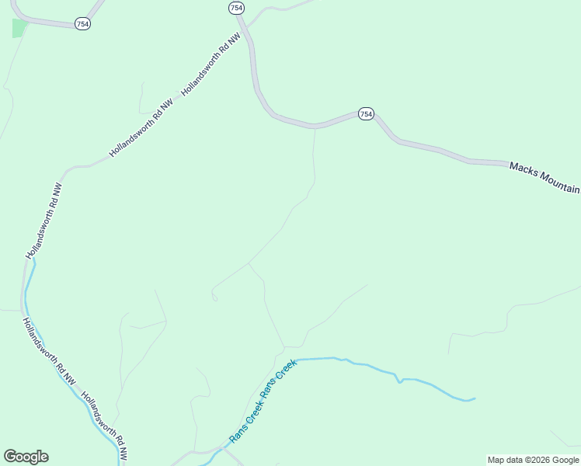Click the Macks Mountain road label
click(544, 178)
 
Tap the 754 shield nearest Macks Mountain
click(366, 113)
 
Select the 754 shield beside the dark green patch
click(83, 24)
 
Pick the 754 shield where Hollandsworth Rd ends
click(236, 7)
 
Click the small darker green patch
click(19, 28)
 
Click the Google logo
click(26, 457)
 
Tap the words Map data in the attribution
click(506, 460)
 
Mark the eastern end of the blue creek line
click(474, 399)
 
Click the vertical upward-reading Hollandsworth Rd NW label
click(43, 221)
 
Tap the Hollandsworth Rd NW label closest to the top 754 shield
click(206, 65)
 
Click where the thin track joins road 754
click(315, 127)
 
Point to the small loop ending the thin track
click(214, 297)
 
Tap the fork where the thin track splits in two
click(249, 263)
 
